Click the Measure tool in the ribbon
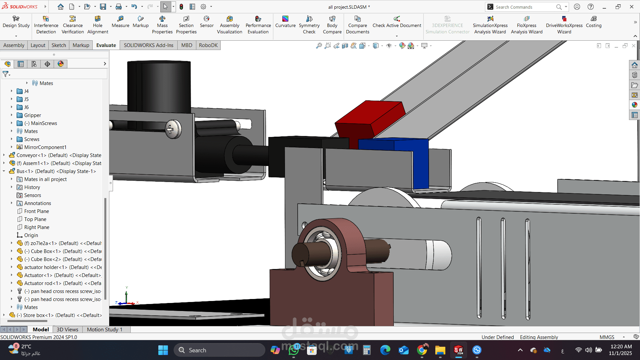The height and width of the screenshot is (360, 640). pyautogui.click(x=120, y=22)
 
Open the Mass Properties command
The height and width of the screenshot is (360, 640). pyautogui.click(x=162, y=25)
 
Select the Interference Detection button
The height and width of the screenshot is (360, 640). pyautogui.click(x=46, y=25)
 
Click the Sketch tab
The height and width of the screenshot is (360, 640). pyautogui.click(x=59, y=45)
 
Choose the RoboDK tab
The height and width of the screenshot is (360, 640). pyautogui.click(x=208, y=45)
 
